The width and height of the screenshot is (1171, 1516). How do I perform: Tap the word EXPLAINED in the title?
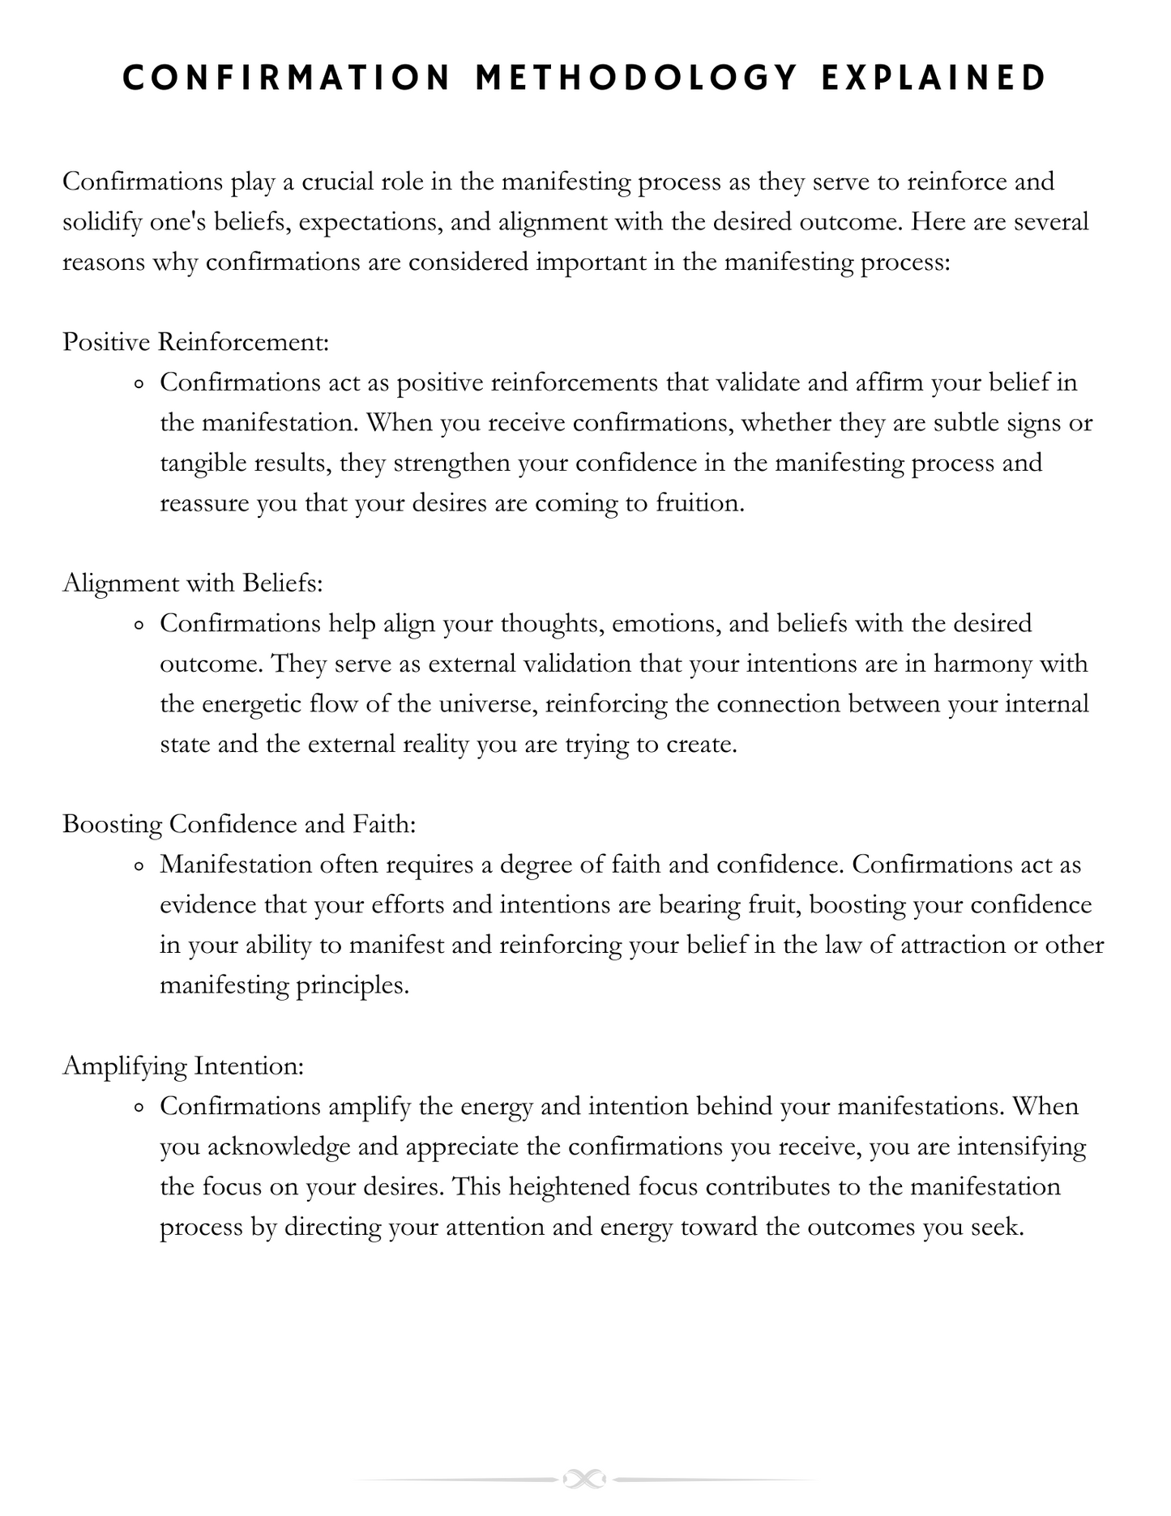click(934, 79)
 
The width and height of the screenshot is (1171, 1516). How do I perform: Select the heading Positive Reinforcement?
click(196, 342)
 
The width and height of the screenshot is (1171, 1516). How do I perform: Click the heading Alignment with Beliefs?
click(193, 583)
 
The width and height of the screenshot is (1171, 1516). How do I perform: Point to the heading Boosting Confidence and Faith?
click(239, 824)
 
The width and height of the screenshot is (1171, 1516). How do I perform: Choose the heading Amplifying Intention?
click(183, 1065)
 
